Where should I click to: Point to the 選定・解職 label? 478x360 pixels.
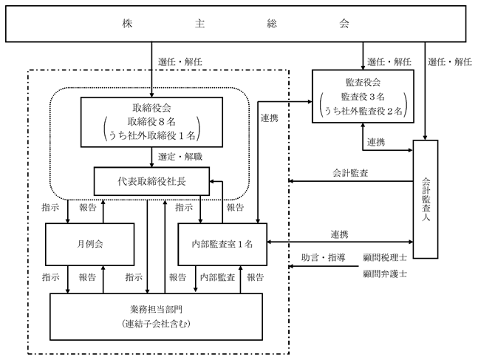[x=180, y=157]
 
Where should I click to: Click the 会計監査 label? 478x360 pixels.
[x=350, y=173]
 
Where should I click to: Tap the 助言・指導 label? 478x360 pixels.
[x=324, y=257]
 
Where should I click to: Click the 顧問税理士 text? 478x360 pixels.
[x=385, y=257]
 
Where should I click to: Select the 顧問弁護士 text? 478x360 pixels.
[x=385, y=274]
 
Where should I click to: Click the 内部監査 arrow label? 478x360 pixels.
[x=218, y=277]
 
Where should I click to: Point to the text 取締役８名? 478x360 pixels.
[x=151, y=122]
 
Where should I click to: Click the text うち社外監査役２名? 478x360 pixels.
[x=363, y=111]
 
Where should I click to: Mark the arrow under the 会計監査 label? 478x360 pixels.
[x=351, y=181]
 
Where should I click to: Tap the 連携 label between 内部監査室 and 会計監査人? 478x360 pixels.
[x=339, y=234]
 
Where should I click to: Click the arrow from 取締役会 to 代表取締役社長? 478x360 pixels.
[x=151, y=157]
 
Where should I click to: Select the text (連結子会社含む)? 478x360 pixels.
[x=156, y=324]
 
